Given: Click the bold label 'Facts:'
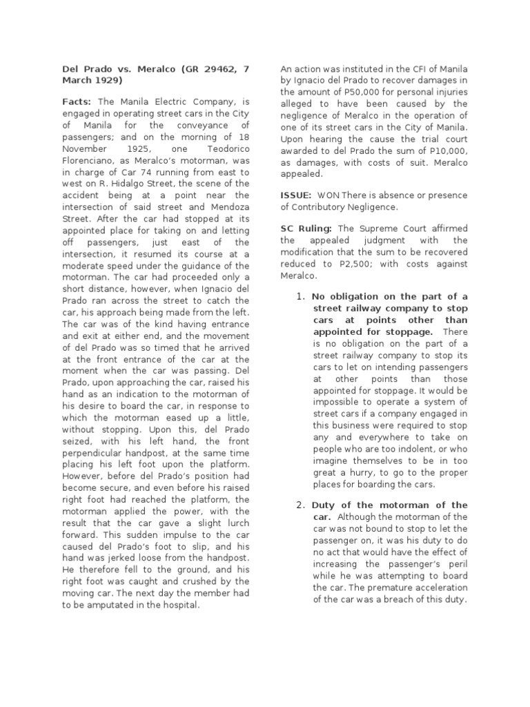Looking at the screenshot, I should (75, 101).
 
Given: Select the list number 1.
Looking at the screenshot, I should (300, 297).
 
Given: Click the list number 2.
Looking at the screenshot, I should (300, 505).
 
